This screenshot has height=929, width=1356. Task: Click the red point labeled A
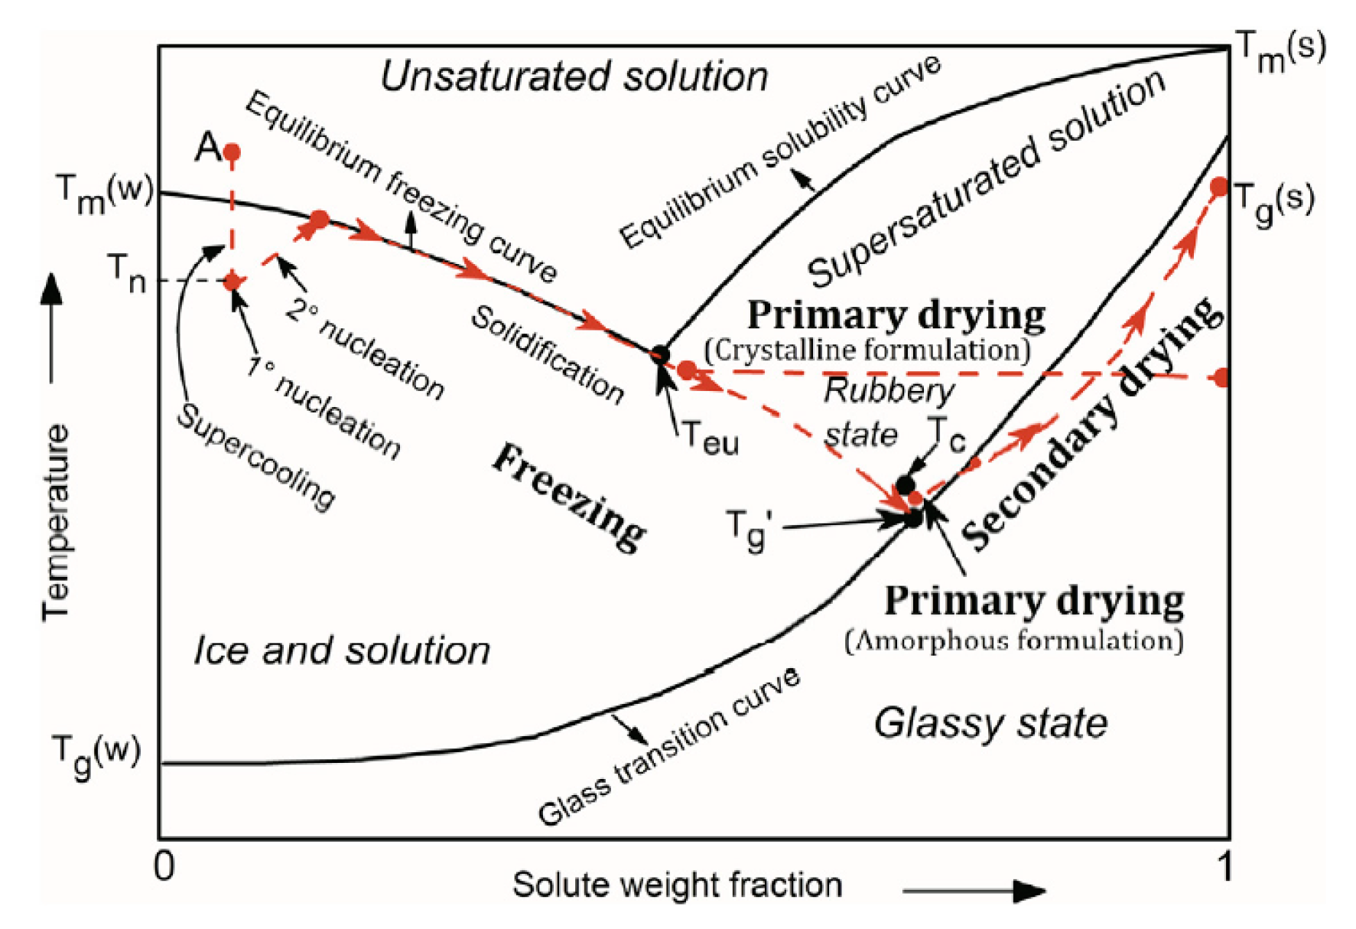pos(232,153)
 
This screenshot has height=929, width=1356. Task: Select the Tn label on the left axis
pos(126,273)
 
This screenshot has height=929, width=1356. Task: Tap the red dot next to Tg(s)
pos(1219,187)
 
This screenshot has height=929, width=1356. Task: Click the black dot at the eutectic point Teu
pos(660,354)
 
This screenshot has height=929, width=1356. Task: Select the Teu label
pos(711,438)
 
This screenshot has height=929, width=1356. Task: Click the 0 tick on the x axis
pos(164,867)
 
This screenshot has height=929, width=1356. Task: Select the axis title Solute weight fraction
pos(677,885)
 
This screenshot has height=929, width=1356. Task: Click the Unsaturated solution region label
pos(574,77)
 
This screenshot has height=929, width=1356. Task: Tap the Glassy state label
pos(990,723)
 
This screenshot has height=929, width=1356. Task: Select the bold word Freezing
pos(569,497)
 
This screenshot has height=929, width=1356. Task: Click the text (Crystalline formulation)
pos(867,350)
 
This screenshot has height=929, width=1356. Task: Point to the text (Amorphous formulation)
pos(1013,640)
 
